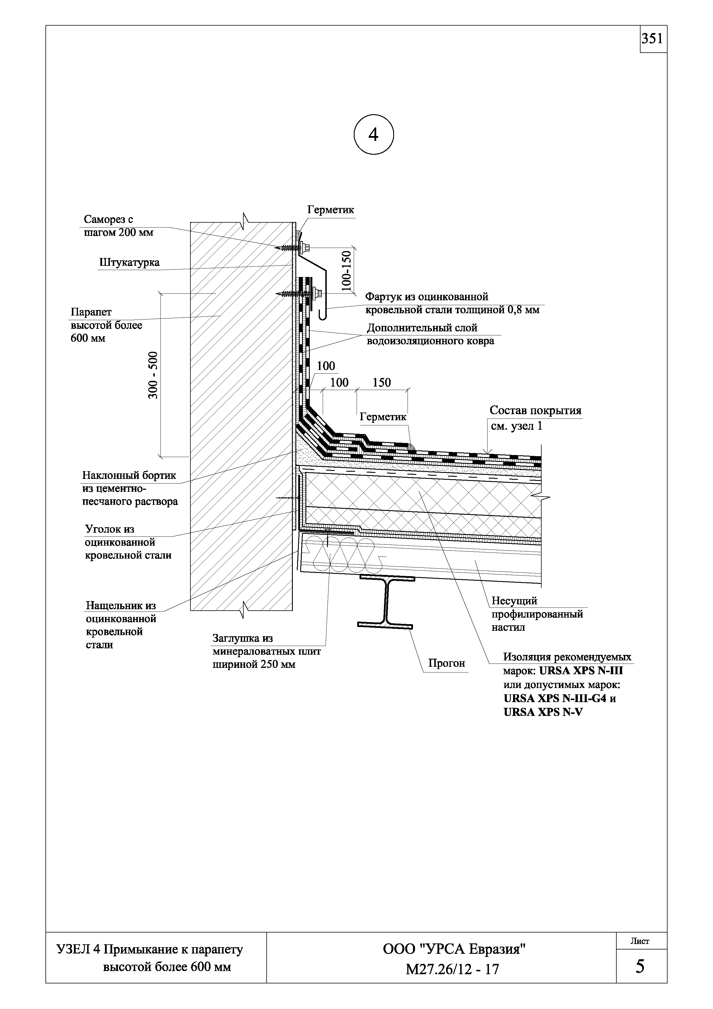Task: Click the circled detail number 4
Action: [373, 135]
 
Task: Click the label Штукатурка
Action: [129, 263]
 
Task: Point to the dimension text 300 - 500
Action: [153, 375]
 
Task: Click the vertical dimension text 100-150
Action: [347, 271]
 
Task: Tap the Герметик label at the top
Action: [330, 210]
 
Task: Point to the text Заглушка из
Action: [242, 638]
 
